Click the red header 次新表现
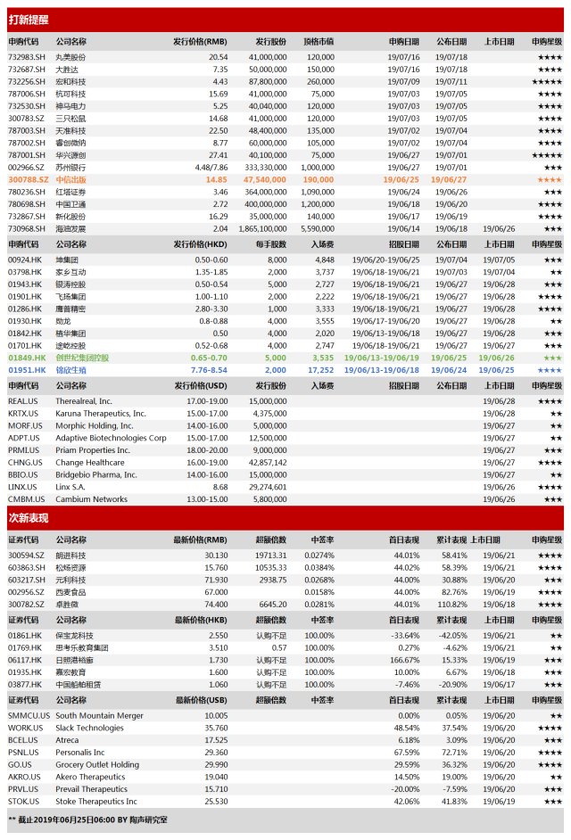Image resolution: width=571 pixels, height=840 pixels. pos(29,518)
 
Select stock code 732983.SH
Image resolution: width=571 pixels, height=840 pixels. pos(23,56)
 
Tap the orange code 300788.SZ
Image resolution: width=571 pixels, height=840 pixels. pos(23,178)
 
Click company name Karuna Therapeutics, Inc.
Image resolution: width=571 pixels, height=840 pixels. pos(101,414)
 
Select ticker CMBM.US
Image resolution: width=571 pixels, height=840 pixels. pos(23,499)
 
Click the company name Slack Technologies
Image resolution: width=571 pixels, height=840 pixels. pos(90,728)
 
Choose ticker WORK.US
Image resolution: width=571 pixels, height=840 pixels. pos(23,728)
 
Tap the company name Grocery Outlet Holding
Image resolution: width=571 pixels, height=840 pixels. pos(97,764)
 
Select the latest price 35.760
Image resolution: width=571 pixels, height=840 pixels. pos(215,728)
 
